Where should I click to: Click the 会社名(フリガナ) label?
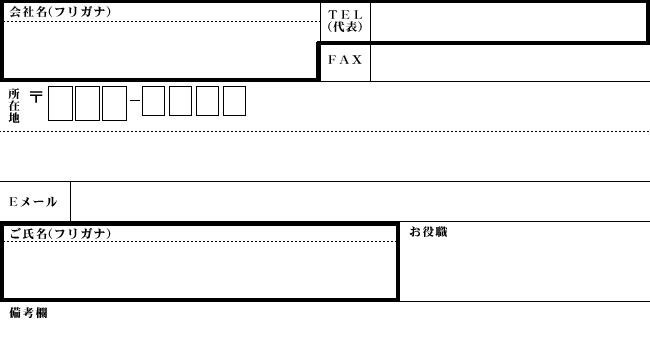click(60, 12)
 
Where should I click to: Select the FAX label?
click(345, 60)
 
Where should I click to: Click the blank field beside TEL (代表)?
click(508, 21)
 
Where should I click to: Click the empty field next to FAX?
click(508, 62)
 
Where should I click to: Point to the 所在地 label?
click(14, 105)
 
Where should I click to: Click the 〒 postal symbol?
click(36, 98)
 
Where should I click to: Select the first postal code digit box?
click(60, 103)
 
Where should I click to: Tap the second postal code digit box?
click(87, 103)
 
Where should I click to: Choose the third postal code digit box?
click(114, 103)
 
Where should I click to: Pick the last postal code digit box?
click(234, 102)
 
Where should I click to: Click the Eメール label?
click(33, 202)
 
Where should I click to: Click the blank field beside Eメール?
click(360, 202)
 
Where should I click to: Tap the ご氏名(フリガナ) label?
click(60, 233)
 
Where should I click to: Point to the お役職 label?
click(428, 232)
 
